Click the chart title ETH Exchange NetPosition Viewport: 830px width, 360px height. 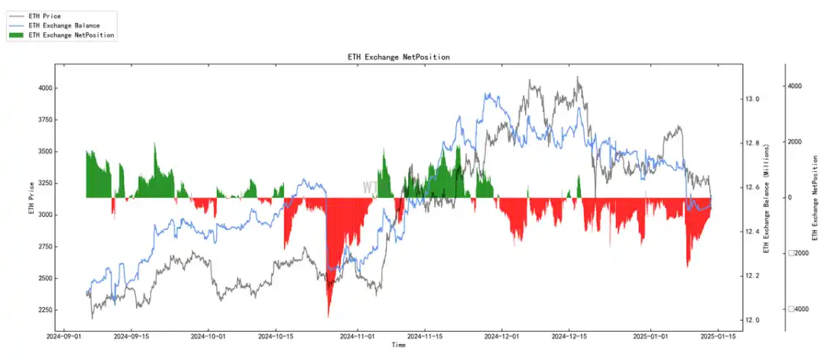pyautogui.click(x=398, y=57)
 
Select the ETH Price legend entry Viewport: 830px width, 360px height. pyautogui.click(x=44, y=16)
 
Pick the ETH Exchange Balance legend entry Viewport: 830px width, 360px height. pyautogui.click(x=63, y=25)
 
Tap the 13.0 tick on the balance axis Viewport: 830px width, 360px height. pyautogui.click(x=753, y=99)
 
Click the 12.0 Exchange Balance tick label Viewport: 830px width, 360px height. pyautogui.click(x=753, y=320)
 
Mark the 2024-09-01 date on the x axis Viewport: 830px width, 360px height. pyautogui.click(x=64, y=336)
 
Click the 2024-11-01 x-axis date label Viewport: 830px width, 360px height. pyautogui.click(x=356, y=336)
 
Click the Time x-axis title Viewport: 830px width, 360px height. pyautogui.click(x=398, y=345)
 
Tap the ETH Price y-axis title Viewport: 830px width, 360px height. pyautogui.click(x=32, y=198)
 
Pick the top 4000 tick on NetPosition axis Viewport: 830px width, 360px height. pyautogui.click(x=795, y=86)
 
